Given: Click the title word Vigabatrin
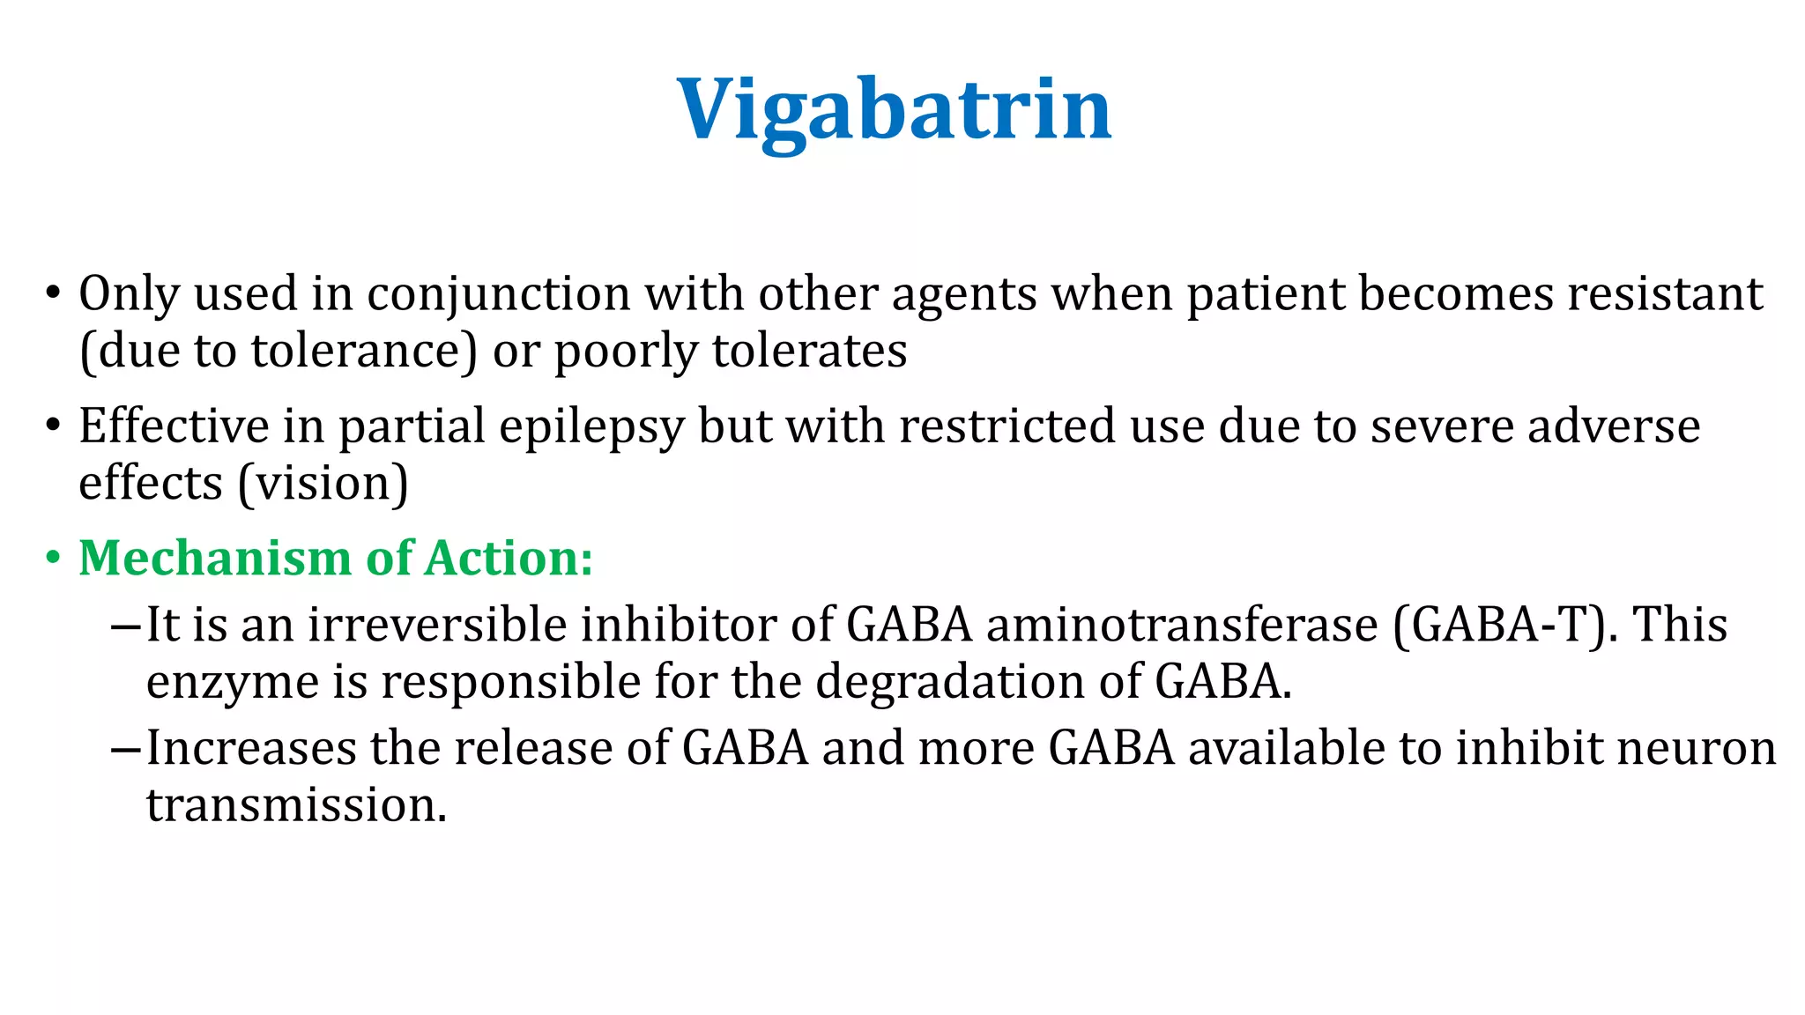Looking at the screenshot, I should pyautogui.click(x=894, y=109).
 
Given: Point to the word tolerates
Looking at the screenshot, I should pyautogui.click(x=809, y=352).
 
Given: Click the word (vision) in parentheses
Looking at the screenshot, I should pyautogui.click(x=323, y=484).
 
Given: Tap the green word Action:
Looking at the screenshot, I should pyautogui.click(x=509, y=559).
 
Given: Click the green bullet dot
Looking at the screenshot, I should pyautogui.click(x=54, y=559).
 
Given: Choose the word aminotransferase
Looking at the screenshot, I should pyautogui.click(x=1182, y=626).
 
